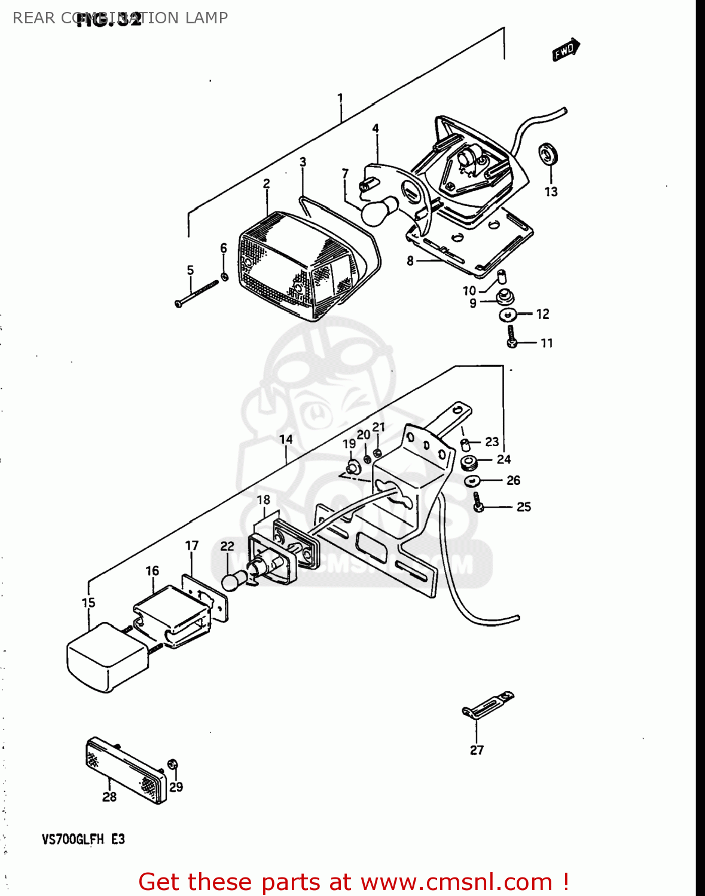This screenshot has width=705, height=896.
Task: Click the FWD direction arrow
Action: [566, 50]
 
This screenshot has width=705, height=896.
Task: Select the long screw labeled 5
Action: [197, 294]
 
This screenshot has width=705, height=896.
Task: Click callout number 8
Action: [410, 260]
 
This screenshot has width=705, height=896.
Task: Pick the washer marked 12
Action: [507, 314]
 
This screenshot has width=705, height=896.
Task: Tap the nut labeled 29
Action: [173, 765]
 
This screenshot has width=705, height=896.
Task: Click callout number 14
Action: [286, 440]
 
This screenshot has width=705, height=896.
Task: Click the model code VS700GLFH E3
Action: [83, 839]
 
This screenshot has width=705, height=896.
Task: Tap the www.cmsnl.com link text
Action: [457, 882]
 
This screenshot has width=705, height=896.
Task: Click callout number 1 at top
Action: [340, 98]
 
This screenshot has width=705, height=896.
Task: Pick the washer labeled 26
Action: [472, 480]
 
